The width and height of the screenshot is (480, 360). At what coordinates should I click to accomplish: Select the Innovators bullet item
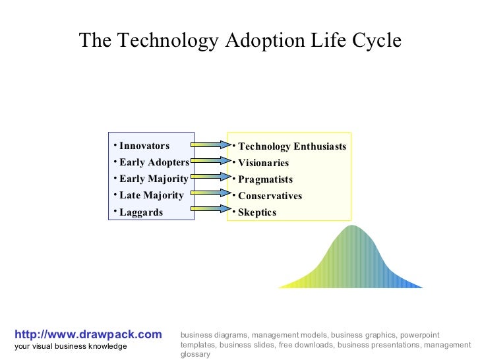coord(144,146)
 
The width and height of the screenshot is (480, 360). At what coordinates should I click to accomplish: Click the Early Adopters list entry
coord(154,162)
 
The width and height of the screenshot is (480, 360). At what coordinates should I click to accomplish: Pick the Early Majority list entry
coord(154,179)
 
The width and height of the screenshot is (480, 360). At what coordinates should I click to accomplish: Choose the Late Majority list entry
coord(151,195)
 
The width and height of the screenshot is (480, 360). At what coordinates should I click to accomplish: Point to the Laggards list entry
coord(140,212)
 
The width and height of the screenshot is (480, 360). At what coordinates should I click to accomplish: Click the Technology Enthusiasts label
coord(291,146)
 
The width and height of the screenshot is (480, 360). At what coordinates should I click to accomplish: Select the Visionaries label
coord(263,163)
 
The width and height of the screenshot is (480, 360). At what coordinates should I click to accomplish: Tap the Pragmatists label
coord(265,179)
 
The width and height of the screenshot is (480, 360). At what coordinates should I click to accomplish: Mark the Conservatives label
coord(270,196)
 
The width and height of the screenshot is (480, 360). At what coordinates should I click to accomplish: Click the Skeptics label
coord(257,212)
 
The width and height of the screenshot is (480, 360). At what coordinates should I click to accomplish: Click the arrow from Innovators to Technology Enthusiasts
coord(210,144)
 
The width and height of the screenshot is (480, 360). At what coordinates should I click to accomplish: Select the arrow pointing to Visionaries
coord(210,161)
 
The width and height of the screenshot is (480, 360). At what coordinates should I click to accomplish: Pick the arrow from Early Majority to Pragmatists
coord(210,177)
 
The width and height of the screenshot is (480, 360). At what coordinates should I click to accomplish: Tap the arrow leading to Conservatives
coord(210,193)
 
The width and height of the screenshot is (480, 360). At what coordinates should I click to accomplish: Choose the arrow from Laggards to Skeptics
coord(210,209)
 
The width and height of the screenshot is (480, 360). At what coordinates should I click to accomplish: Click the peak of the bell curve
coord(353,227)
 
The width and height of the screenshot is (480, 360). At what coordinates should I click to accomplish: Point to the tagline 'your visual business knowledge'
coord(71,346)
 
